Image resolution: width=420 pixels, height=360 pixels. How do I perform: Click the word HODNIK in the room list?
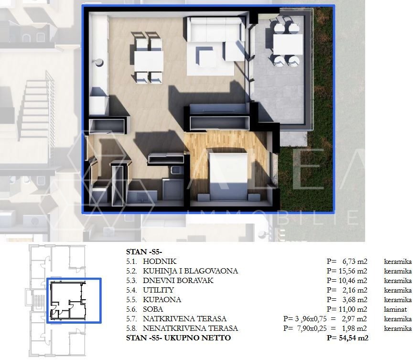(160, 262)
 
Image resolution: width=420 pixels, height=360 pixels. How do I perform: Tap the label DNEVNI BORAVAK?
(178, 280)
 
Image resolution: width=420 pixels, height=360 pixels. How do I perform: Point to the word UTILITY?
(158, 290)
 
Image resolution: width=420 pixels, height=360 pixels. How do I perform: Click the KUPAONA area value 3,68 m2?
(355, 299)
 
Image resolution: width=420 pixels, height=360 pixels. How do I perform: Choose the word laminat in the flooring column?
(395, 309)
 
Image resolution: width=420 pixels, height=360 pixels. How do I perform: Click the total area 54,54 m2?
(354, 338)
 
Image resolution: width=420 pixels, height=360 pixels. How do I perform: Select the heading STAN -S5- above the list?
(144, 251)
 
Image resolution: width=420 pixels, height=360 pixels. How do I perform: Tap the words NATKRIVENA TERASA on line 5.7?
(184, 319)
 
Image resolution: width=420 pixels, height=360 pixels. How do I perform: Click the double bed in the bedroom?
(228, 176)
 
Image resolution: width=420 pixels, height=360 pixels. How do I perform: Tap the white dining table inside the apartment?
(149, 61)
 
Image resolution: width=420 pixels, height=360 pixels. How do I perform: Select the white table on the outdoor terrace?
(288, 44)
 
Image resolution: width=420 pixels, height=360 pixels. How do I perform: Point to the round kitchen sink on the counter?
(99, 62)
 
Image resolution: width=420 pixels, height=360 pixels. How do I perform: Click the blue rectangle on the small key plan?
(74, 300)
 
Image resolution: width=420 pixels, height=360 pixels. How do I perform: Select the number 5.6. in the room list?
(131, 309)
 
